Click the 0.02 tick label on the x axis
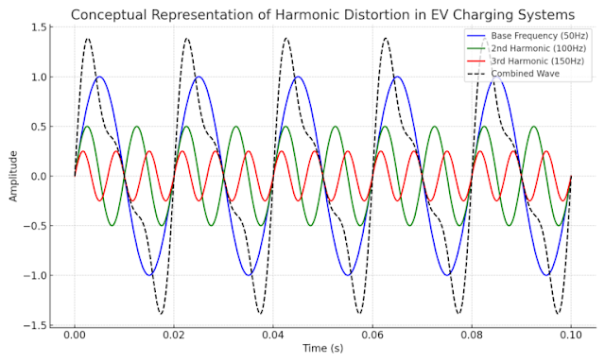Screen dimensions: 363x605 (x=173, y=336)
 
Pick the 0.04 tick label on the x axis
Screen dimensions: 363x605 (x=273, y=336)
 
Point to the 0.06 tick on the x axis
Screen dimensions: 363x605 (x=372, y=336)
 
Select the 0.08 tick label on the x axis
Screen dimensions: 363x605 (x=472, y=336)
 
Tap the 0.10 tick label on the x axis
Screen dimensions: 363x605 (x=571, y=336)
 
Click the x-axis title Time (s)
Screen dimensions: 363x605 (x=322, y=350)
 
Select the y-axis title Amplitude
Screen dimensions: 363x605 (x=13, y=176)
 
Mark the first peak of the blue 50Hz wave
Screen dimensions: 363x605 (x=99, y=78)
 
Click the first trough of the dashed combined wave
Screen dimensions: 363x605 (x=162, y=313)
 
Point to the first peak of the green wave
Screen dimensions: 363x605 (x=87, y=127)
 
